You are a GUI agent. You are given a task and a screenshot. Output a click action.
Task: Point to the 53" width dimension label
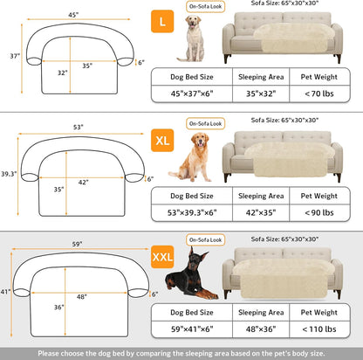tap(79, 128)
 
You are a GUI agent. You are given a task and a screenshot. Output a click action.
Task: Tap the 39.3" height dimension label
tap(10, 175)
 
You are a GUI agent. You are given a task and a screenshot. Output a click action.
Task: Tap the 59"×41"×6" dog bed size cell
tap(191, 330)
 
